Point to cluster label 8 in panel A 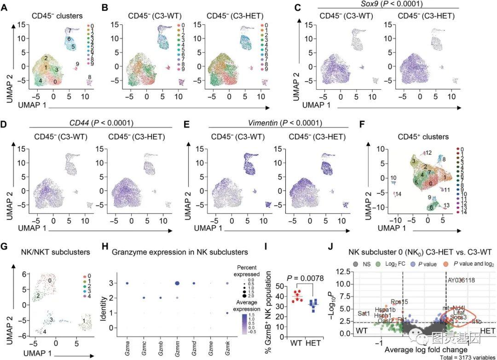coord(90,77)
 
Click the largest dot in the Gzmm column coord(177,284)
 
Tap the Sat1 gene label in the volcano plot coord(364,314)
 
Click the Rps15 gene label coord(399,302)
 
